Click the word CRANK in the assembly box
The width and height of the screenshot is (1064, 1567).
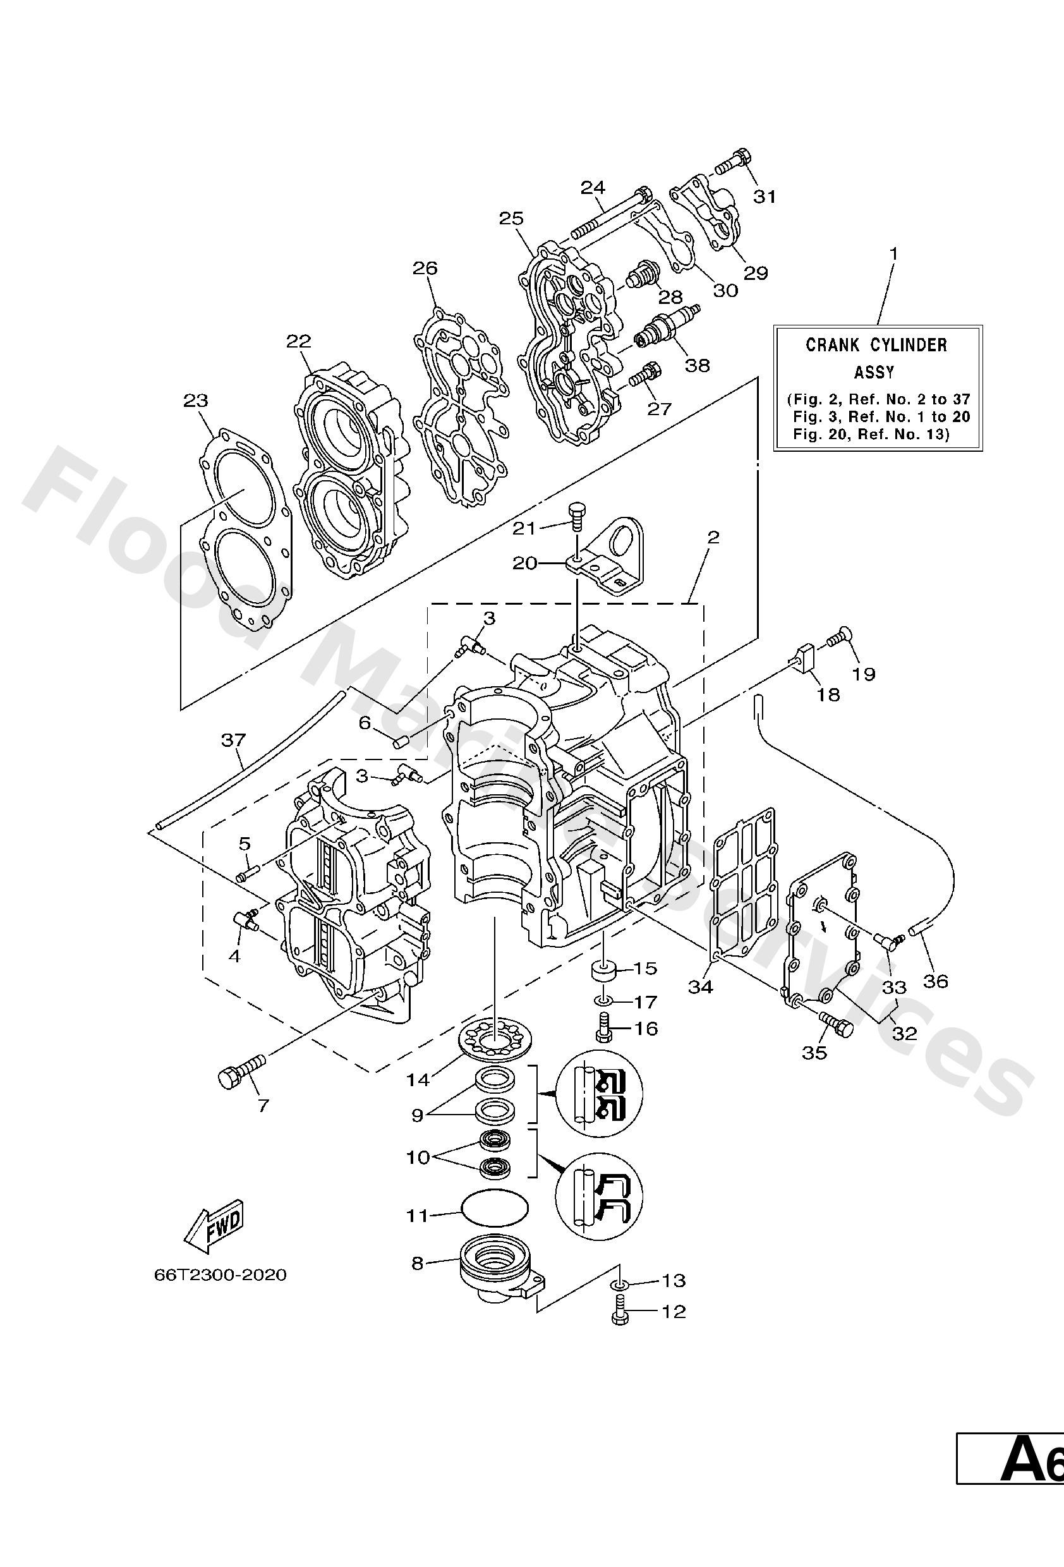[832, 345]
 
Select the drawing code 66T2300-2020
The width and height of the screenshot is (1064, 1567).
[220, 1275]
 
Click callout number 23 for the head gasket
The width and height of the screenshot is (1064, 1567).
[196, 401]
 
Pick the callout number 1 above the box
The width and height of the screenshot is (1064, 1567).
[893, 254]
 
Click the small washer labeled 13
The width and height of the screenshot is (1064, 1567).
[620, 1282]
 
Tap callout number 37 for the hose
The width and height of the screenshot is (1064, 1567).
[233, 740]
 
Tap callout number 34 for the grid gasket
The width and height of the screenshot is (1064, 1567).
[700, 987]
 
